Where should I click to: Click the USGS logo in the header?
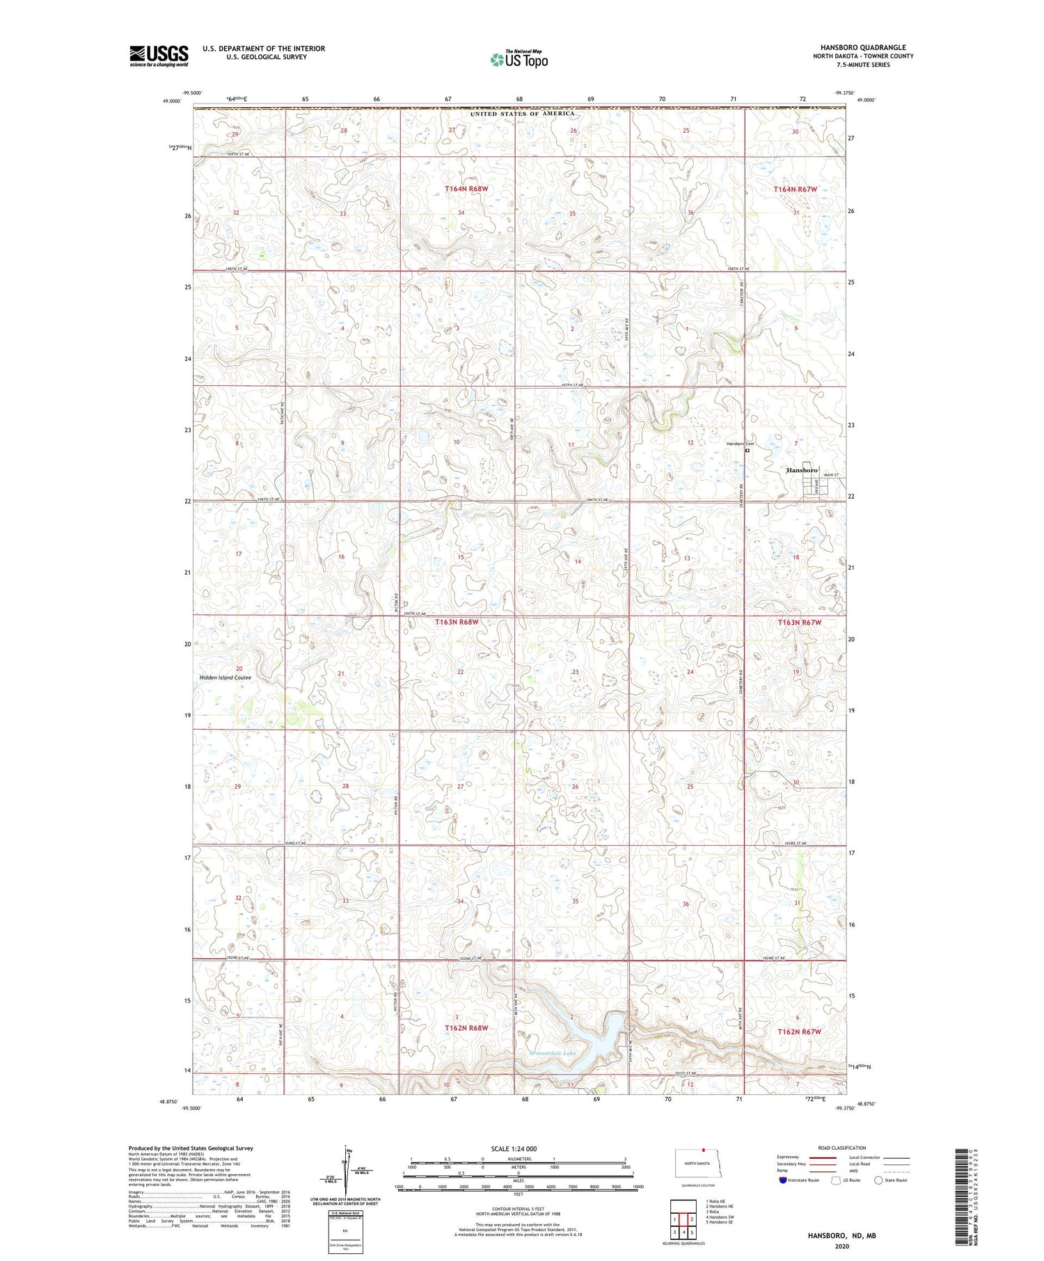click(x=159, y=56)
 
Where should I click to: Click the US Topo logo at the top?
click(x=519, y=60)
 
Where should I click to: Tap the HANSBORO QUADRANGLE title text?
click(x=862, y=47)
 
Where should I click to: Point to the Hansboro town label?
click(x=801, y=470)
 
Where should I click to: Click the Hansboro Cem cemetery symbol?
click(x=748, y=450)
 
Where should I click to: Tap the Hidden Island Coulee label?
click(x=225, y=677)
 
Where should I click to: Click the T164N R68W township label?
click(x=467, y=189)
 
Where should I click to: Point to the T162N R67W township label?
click(x=799, y=1031)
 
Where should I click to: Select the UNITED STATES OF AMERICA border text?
click(x=522, y=113)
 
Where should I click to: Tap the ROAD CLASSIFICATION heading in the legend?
click(x=842, y=1148)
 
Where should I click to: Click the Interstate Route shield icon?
click(x=783, y=1180)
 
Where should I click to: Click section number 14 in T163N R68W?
click(x=578, y=561)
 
